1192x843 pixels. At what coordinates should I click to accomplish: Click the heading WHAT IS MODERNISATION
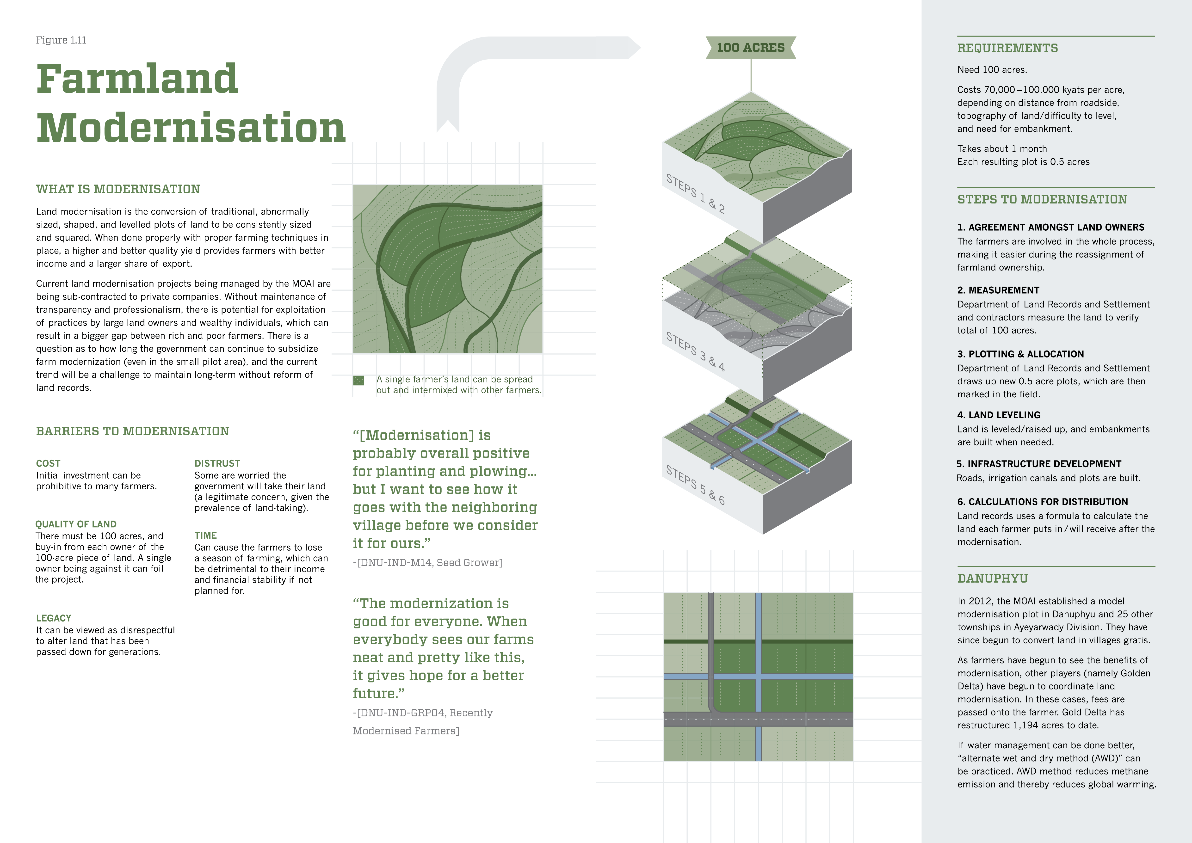point(118,189)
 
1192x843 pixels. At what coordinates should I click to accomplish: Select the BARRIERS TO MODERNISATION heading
point(132,431)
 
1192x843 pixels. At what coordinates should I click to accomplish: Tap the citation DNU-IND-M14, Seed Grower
point(428,563)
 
